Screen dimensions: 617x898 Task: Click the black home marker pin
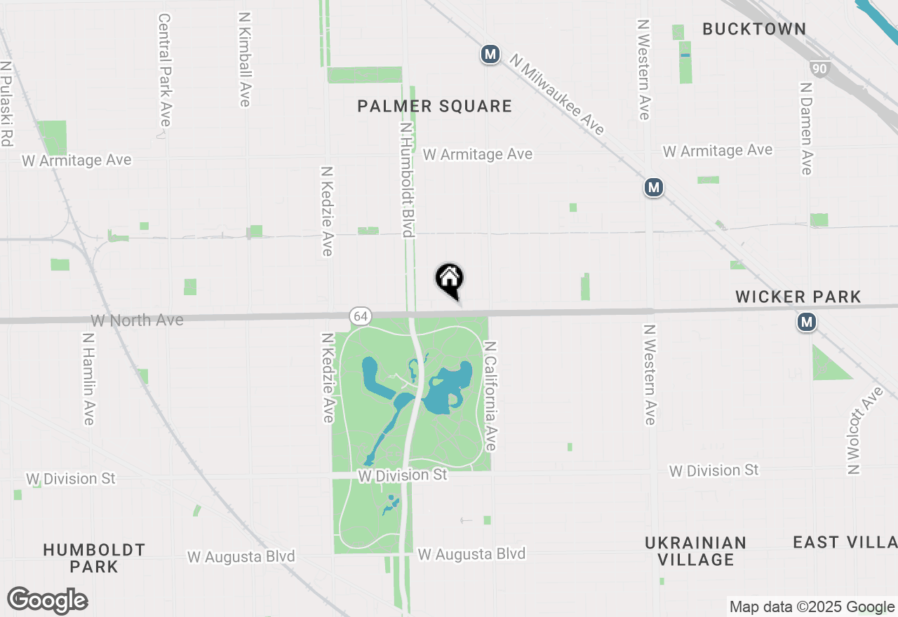tap(450, 280)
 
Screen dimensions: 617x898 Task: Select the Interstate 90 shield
tap(818, 68)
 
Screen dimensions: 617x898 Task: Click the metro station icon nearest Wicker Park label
tap(807, 323)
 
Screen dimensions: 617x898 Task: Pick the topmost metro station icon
tap(490, 54)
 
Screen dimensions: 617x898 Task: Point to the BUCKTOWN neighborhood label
tap(754, 29)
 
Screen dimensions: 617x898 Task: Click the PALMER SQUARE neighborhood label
tap(434, 106)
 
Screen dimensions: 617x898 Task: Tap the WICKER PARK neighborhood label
tap(798, 297)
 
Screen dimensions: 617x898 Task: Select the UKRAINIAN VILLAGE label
tap(695, 551)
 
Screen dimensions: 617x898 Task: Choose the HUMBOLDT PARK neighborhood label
tap(94, 558)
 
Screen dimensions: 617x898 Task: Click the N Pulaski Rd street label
tap(6, 104)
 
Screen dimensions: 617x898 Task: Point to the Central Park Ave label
tap(165, 70)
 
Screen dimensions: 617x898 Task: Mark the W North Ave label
tap(137, 320)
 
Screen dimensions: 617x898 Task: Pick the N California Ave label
tap(490, 396)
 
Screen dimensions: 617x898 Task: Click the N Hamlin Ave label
tap(88, 379)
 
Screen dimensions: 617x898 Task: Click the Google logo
tap(47, 600)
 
